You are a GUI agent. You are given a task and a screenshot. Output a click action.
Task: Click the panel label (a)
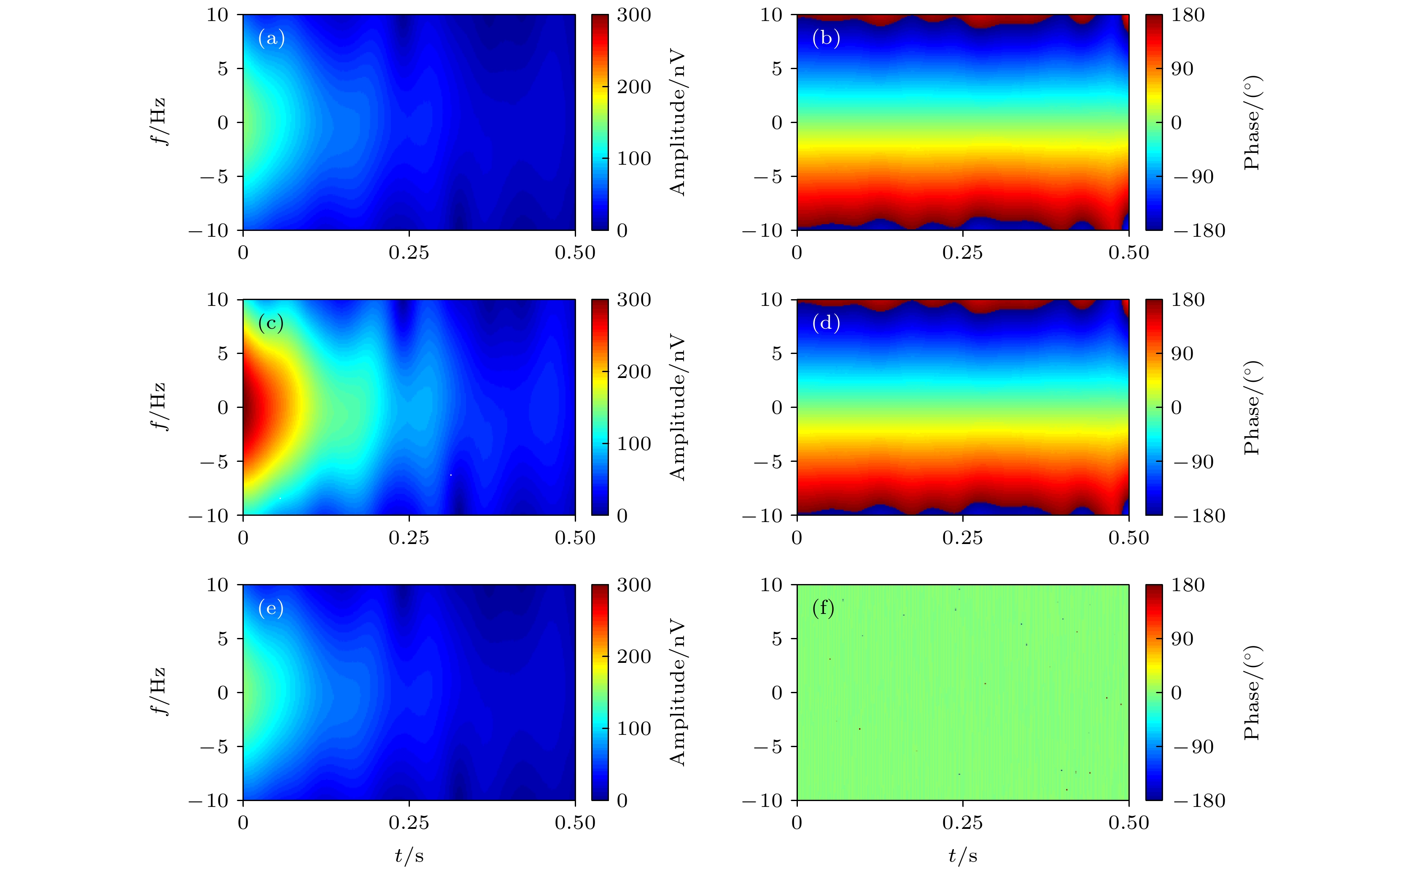click(x=271, y=39)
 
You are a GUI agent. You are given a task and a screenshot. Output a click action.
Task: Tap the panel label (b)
click(x=825, y=39)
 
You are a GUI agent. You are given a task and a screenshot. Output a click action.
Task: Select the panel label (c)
click(x=270, y=323)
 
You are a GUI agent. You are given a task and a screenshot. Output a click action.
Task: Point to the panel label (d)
click(x=825, y=323)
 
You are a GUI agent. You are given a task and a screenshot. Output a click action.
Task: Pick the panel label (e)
click(x=270, y=608)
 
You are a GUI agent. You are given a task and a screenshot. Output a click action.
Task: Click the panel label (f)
click(x=822, y=608)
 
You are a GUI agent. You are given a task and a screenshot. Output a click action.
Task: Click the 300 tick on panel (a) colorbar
click(x=633, y=15)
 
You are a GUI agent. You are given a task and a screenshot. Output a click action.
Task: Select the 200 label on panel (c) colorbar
click(x=633, y=372)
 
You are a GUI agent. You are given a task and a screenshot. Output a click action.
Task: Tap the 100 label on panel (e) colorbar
click(x=633, y=729)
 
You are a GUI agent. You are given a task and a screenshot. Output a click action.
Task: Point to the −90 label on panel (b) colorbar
click(x=1193, y=177)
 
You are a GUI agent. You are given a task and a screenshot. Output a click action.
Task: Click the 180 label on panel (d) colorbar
click(x=1188, y=300)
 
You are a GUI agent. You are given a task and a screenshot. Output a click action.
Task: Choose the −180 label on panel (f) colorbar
click(x=1199, y=801)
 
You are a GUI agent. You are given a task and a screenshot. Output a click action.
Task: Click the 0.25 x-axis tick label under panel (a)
click(x=409, y=253)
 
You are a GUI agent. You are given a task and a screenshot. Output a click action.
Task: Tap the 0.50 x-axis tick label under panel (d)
click(x=1128, y=538)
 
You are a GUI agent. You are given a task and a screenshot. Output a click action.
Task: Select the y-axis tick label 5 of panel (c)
click(x=223, y=354)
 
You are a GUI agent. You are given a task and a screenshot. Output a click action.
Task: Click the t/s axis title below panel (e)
click(x=409, y=856)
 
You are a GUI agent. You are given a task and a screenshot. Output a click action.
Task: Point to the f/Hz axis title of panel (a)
click(x=157, y=122)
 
